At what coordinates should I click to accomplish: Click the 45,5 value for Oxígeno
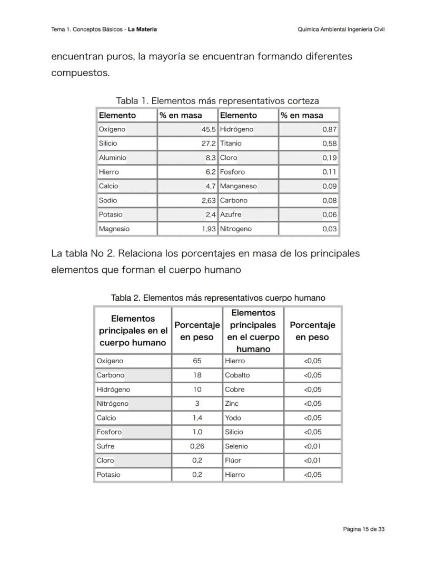209,129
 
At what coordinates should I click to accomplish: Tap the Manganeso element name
238,186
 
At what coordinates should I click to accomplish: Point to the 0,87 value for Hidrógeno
330,129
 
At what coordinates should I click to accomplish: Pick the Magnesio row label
114,229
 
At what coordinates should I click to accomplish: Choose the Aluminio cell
113,158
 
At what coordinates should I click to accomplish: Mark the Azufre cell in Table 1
231,214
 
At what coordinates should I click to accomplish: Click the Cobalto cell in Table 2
237,375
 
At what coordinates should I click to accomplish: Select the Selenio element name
236,446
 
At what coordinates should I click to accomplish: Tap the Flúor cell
233,460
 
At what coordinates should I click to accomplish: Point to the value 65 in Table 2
197,361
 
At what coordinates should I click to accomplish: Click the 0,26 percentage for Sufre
197,446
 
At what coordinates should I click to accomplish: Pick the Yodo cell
233,418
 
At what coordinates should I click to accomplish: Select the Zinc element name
232,404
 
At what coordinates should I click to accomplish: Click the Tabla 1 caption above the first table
217,100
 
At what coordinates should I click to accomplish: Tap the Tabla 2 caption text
218,298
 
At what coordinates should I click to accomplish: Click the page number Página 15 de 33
363,529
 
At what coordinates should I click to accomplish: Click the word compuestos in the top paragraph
80,73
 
